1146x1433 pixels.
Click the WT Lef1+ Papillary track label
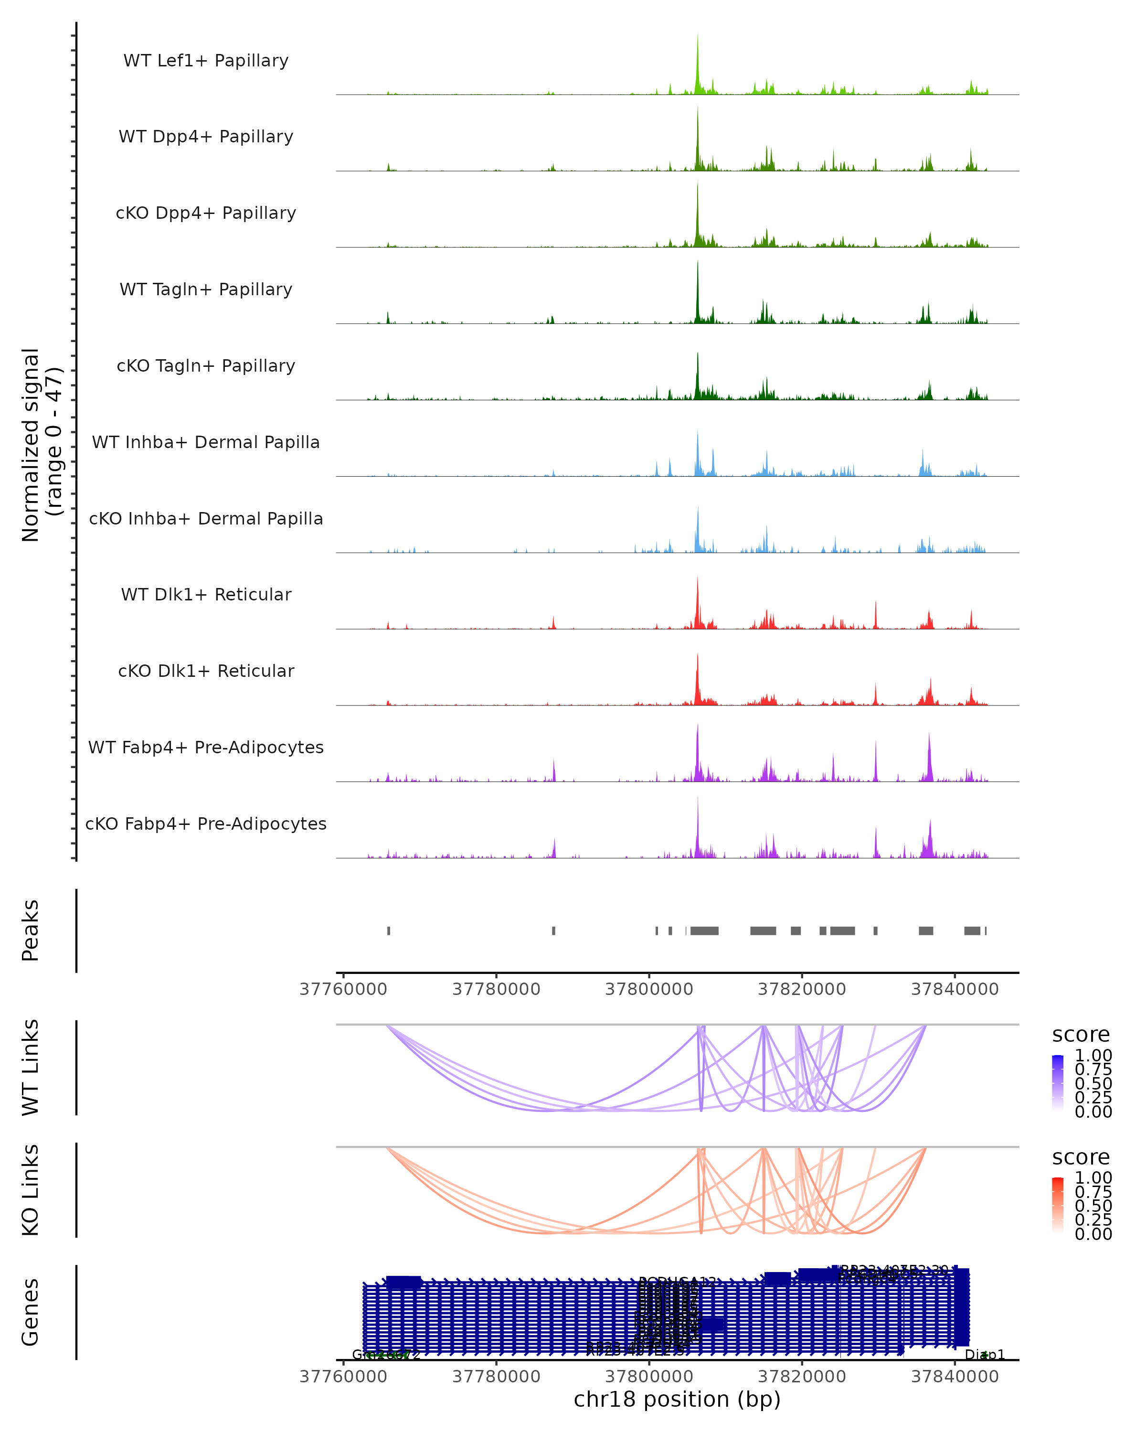206,61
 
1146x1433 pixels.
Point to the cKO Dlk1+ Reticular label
206,671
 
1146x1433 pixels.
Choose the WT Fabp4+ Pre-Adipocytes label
206,747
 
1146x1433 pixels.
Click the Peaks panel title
31,930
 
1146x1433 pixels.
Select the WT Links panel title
31,1067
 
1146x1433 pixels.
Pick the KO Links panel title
31,1190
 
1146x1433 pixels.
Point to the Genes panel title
31,1312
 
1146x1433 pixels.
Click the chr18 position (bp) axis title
677,1399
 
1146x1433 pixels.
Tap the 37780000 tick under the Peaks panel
496,989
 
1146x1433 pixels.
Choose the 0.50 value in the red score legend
1093,1206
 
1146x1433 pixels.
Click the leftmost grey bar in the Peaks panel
389,930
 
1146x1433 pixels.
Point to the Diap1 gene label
985,1355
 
